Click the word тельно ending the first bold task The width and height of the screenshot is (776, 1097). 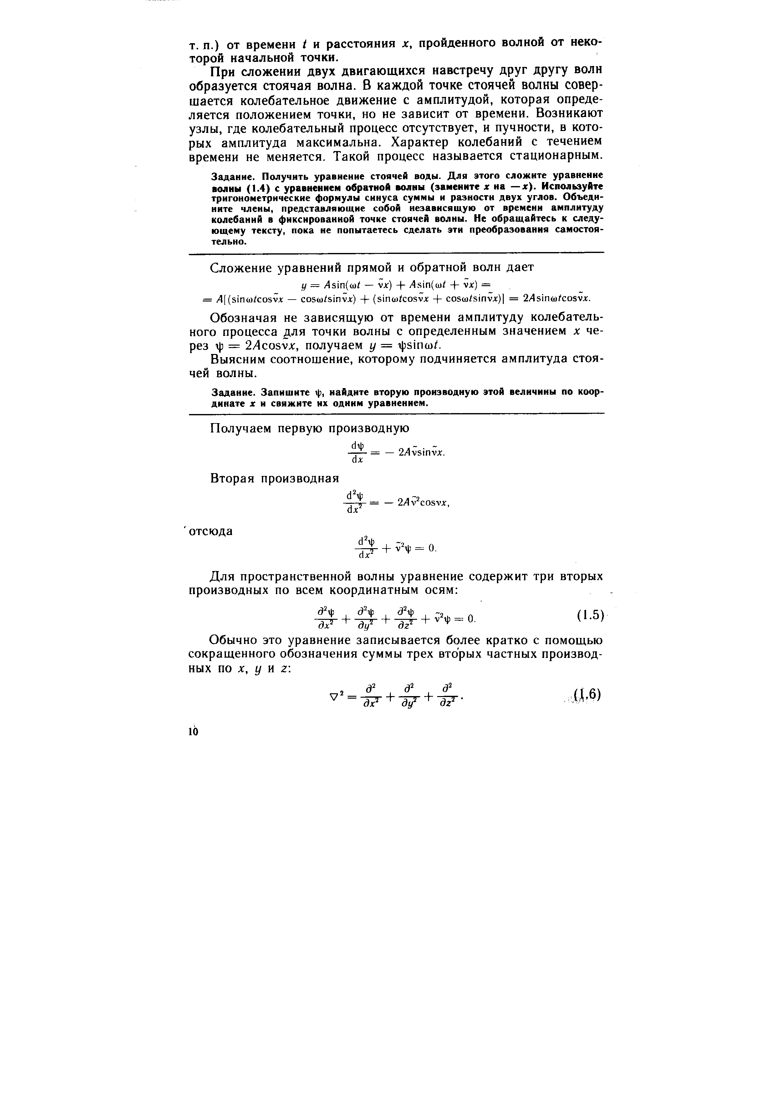229,241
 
